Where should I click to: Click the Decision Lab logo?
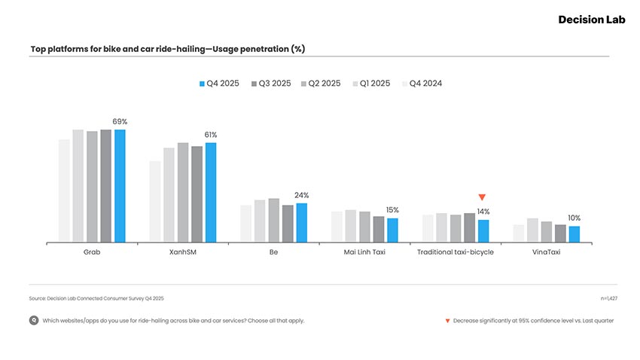[x=591, y=20]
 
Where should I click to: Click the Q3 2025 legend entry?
[x=270, y=84]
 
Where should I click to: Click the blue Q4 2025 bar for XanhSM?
[x=211, y=193]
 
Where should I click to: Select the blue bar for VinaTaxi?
[x=574, y=234]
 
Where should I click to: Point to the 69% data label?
[x=120, y=121]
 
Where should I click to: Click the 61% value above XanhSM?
[x=211, y=135]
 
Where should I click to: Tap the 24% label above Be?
[x=302, y=195]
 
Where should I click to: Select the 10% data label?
[x=574, y=218]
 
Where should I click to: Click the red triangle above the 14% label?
[x=483, y=197]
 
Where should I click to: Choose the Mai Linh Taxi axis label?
[x=364, y=252]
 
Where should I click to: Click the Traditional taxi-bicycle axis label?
[x=456, y=252]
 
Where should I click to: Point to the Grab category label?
[x=92, y=252]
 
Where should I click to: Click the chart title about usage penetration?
[x=167, y=49]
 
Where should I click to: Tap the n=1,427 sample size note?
[x=608, y=299]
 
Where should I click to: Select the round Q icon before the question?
[x=34, y=320]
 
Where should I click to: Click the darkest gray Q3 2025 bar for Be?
[x=288, y=224]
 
